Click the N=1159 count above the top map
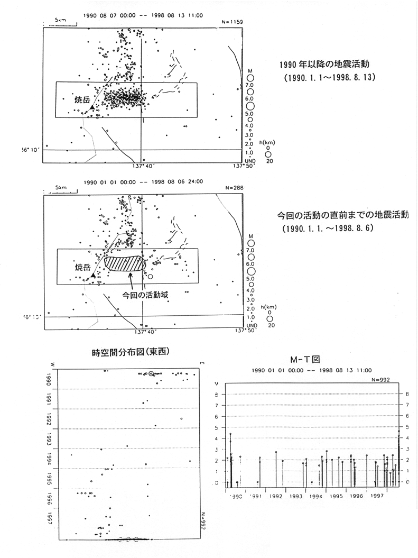tap(230, 22)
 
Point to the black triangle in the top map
tap(92, 107)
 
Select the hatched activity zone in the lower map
tap(125, 263)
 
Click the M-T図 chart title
tap(309, 359)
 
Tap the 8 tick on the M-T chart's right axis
tap(407, 394)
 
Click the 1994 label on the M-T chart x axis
tap(316, 497)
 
